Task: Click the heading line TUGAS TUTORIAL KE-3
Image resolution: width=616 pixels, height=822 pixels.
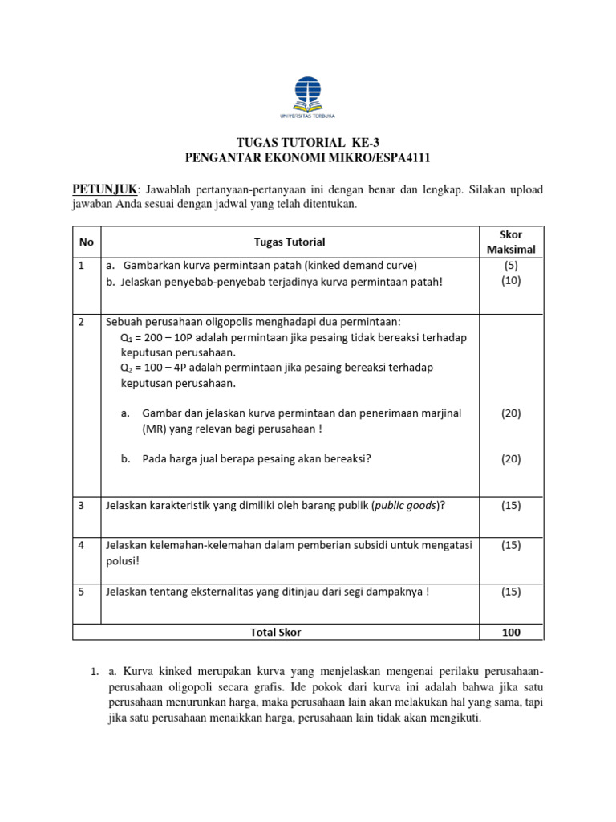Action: coord(307,143)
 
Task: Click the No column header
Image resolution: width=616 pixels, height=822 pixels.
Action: coord(86,242)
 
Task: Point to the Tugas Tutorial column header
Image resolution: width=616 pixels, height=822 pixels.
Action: coord(290,242)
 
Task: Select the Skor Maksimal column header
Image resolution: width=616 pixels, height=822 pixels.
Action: coord(511,242)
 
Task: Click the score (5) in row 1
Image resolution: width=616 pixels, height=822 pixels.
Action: coord(511,265)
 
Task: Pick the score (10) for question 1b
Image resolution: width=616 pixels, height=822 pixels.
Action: coord(511,280)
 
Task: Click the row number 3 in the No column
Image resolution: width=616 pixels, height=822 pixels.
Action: coord(83,505)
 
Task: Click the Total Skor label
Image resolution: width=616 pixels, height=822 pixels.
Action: coord(276,632)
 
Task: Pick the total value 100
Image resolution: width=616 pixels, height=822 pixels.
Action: coord(511,632)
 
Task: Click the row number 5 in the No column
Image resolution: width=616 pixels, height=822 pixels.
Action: coord(83,592)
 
